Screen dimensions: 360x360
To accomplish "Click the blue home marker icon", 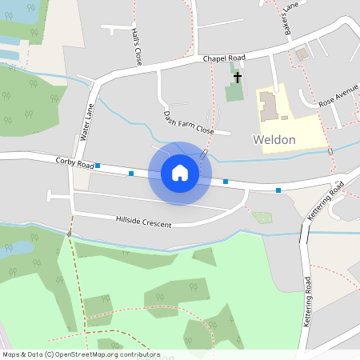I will (x=180, y=173).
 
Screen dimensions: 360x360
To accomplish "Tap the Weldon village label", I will (x=274, y=140).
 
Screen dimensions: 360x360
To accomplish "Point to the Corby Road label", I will (x=74, y=162).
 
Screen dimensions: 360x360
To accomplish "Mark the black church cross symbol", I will (x=238, y=77).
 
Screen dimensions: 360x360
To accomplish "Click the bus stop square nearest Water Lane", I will (x=98, y=166).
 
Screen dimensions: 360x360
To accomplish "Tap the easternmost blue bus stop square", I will (x=278, y=190).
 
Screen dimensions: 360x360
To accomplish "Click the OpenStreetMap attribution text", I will (x=81, y=354).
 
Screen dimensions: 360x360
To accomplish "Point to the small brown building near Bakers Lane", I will (x=302, y=54).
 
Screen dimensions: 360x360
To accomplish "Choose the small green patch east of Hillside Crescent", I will (x=262, y=217).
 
